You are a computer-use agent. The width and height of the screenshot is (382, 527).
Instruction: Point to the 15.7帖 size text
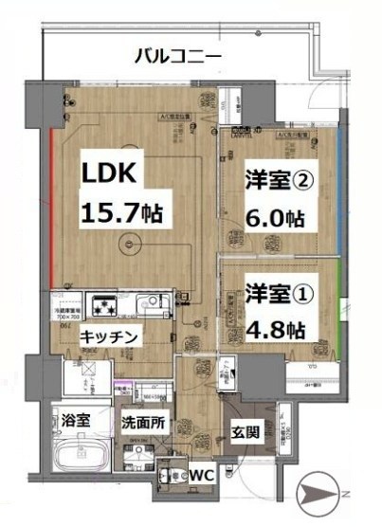point(122,210)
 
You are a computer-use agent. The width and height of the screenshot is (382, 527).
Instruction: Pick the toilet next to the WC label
point(171,471)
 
